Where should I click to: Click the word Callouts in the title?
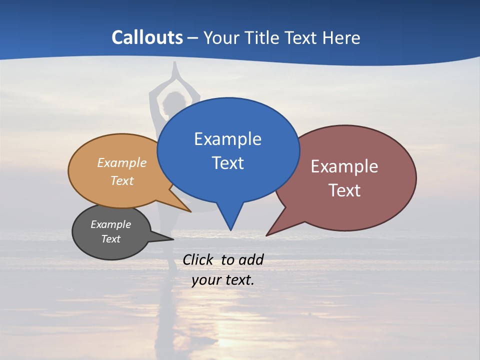(x=147, y=37)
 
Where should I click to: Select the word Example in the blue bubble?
(x=227, y=139)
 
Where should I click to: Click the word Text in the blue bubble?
(x=227, y=163)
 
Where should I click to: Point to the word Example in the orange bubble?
(x=122, y=163)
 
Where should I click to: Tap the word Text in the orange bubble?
(x=122, y=180)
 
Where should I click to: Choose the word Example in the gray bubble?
(x=110, y=224)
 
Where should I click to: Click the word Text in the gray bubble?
(x=110, y=239)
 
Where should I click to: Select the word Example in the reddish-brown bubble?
(x=344, y=166)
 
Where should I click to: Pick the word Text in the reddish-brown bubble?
(x=344, y=190)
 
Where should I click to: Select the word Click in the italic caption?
(x=199, y=259)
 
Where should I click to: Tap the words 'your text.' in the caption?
(x=223, y=280)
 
